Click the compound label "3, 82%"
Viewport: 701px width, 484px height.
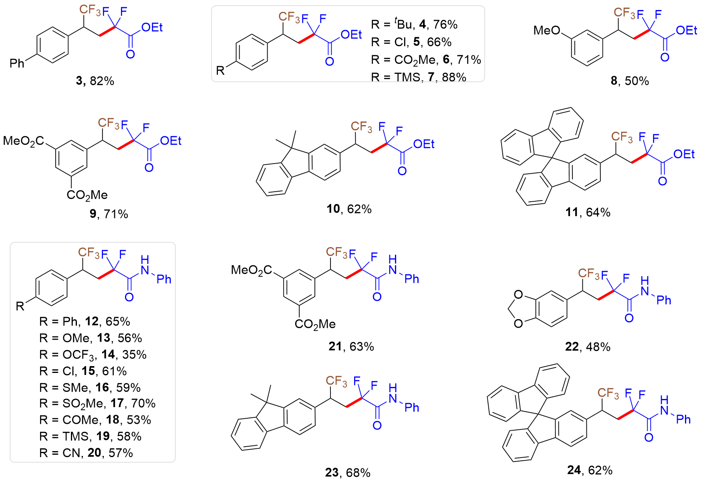(x=95, y=81)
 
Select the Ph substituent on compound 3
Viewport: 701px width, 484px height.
(x=17, y=63)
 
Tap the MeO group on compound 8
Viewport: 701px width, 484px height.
(x=547, y=30)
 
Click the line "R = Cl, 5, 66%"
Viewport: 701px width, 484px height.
(x=411, y=42)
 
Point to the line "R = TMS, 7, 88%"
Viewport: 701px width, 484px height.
(x=418, y=77)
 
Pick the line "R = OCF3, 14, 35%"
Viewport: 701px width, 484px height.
(x=93, y=354)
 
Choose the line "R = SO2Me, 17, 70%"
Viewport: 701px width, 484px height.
(x=97, y=403)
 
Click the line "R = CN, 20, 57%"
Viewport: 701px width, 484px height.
(x=86, y=453)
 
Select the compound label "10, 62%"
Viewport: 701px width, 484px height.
(x=349, y=209)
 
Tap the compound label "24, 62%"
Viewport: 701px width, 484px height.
(x=590, y=470)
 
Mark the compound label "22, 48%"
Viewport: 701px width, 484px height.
(x=588, y=346)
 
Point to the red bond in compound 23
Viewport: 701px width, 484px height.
(x=354, y=403)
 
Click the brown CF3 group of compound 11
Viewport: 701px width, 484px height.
(x=622, y=137)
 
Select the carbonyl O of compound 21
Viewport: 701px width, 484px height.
(x=377, y=297)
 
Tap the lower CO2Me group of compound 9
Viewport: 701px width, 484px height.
(x=87, y=195)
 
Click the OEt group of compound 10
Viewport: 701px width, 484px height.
(x=424, y=144)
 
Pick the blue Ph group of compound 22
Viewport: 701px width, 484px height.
(x=664, y=300)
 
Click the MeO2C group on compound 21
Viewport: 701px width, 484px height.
(x=252, y=270)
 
